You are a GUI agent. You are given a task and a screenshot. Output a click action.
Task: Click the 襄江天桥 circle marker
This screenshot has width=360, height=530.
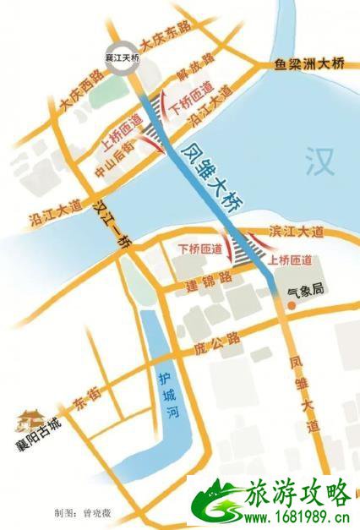coord(120,60)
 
